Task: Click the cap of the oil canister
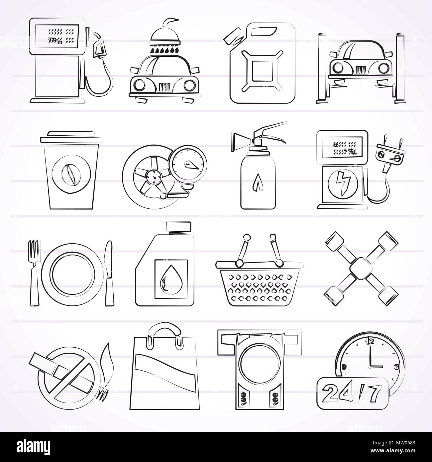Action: pyautogui.click(x=178, y=227)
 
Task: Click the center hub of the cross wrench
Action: pyautogui.click(x=361, y=262)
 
